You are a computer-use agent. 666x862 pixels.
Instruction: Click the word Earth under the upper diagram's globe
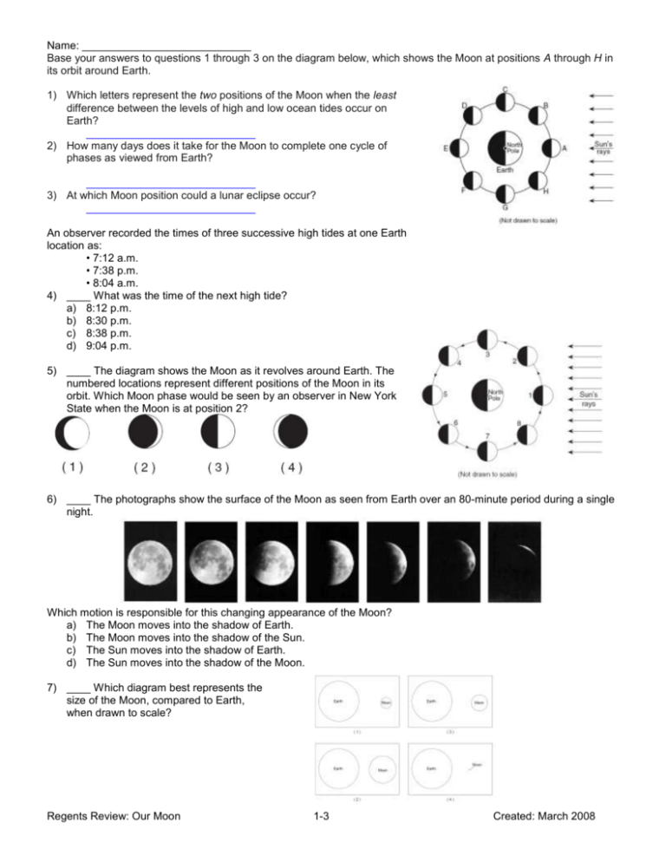coord(505,170)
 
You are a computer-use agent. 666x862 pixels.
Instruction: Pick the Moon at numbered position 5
coord(431,396)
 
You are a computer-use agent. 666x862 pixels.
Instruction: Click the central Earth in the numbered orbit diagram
coord(490,395)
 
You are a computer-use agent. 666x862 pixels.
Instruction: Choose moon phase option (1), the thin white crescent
coord(72,433)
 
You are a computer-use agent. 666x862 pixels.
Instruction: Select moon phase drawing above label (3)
coord(217,433)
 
